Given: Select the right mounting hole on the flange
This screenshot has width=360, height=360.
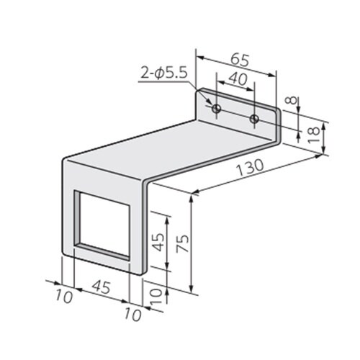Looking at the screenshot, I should pyautogui.click(x=253, y=117).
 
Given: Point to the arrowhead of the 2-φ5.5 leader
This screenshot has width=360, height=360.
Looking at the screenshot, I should pyautogui.click(x=211, y=104).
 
